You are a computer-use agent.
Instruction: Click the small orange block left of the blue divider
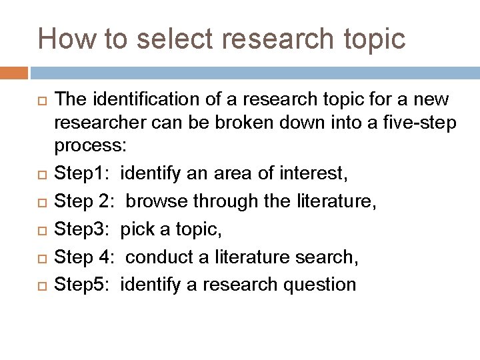(14, 73)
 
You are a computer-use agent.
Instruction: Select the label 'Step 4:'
(84, 257)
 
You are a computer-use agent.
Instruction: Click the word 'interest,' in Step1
(313, 175)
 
